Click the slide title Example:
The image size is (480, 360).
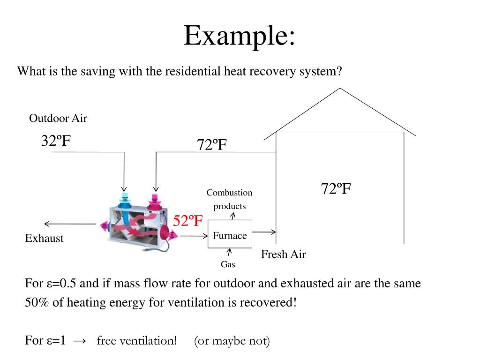tap(240, 36)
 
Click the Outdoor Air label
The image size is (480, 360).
tap(58, 118)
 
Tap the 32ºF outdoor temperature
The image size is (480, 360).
tap(56, 141)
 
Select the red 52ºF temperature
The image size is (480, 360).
tap(188, 220)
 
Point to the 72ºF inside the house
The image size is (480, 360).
tap(336, 189)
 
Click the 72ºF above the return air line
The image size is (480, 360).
tap(212, 145)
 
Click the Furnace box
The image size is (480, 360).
tap(230, 234)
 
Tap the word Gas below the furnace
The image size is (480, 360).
tap(228, 264)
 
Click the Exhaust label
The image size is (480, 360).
tap(44, 238)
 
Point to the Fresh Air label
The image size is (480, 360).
tap(284, 254)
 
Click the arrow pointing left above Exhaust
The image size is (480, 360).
tap(70, 224)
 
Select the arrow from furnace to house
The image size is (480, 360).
tap(264, 232)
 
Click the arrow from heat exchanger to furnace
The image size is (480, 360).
tap(193, 236)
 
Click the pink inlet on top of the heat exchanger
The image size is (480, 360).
tap(154, 201)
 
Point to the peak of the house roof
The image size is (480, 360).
tap(340, 89)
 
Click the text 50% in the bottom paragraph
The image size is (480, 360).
tap(37, 302)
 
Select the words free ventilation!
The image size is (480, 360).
tap(136, 341)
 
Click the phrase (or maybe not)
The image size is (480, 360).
tap(232, 341)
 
